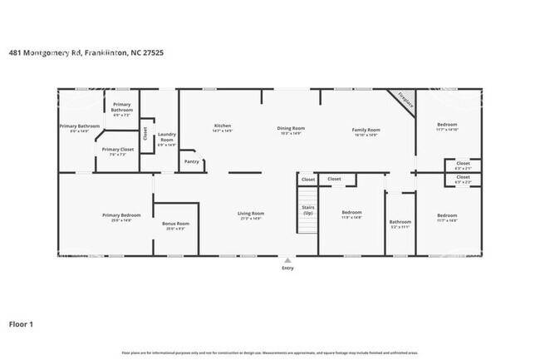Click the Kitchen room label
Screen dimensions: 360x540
(x=222, y=126)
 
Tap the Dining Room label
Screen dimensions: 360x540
(x=291, y=128)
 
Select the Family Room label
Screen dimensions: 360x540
(x=366, y=130)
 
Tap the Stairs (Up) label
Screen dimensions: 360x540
(x=308, y=210)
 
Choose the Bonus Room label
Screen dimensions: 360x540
(x=175, y=224)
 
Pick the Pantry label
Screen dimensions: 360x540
(x=191, y=161)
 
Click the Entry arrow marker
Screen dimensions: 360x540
(x=287, y=259)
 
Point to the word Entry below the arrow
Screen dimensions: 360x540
(x=287, y=268)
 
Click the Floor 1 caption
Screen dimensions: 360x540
(x=21, y=323)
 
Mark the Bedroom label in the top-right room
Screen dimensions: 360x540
(x=447, y=126)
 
